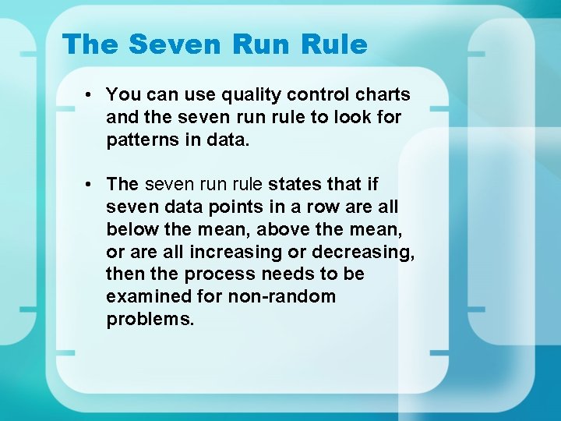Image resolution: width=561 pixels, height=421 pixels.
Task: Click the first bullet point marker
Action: [91, 95]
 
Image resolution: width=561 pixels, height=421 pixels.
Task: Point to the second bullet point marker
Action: [91, 185]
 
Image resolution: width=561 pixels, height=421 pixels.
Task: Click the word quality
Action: [249, 96]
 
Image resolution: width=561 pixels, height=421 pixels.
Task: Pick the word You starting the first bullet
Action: [122, 95]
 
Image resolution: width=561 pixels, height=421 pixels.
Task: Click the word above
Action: [282, 229]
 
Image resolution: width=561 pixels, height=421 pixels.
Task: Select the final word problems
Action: [149, 319]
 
